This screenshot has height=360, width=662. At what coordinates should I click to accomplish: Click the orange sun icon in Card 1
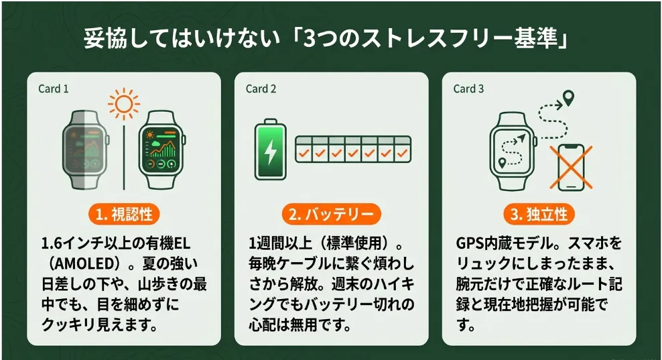pyautogui.click(x=124, y=104)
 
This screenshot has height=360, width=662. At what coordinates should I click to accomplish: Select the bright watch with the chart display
pyautogui.click(x=161, y=149)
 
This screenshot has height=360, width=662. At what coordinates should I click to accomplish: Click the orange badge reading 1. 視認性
pyautogui.click(x=124, y=215)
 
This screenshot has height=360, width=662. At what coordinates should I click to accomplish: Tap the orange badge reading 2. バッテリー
pyautogui.click(x=332, y=215)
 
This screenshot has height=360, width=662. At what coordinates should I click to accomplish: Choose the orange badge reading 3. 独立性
pyautogui.click(x=539, y=215)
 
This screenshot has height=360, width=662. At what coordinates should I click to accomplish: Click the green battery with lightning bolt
pyautogui.click(x=270, y=149)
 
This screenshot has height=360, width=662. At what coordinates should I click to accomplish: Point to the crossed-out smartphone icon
pyautogui.click(x=571, y=168)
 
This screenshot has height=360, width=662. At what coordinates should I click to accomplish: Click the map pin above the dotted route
pyautogui.click(x=569, y=98)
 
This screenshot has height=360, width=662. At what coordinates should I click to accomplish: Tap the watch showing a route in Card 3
pyautogui.click(x=513, y=151)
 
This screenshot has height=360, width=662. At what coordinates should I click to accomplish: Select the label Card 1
pyautogui.click(x=53, y=88)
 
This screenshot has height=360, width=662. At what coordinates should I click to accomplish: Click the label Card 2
pyautogui.click(x=261, y=88)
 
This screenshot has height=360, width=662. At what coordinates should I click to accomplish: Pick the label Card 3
pyautogui.click(x=468, y=88)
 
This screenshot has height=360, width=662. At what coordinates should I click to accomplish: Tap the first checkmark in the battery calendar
pyautogui.click(x=304, y=153)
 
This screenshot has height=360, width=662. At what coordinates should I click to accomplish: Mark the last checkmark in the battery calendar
pyautogui.click(x=402, y=153)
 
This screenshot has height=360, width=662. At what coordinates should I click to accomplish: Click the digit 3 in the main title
pyautogui.click(x=310, y=38)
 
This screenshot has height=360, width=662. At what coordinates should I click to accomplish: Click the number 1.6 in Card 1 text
pyautogui.click(x=52, y=244)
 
